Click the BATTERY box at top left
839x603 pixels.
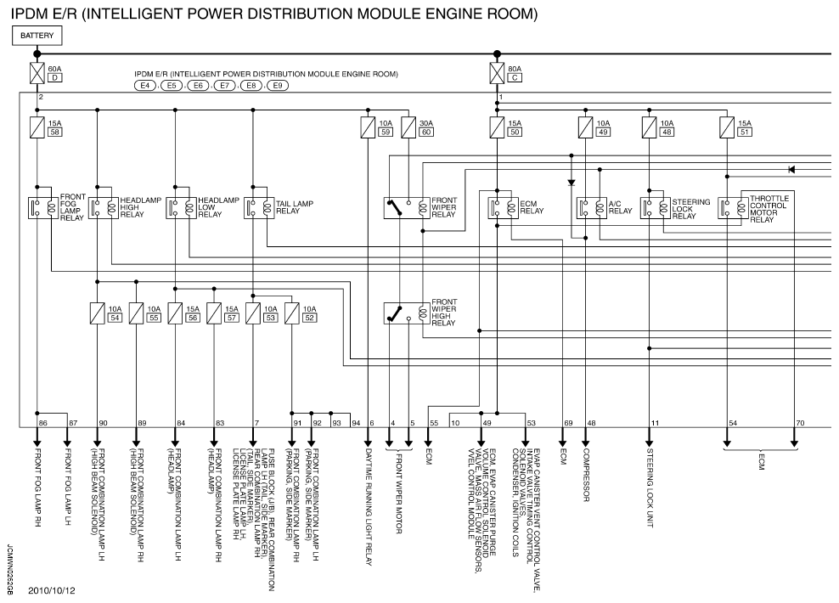pos(37,36)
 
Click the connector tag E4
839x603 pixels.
pos(145,86)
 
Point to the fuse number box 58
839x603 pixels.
pos(56,133)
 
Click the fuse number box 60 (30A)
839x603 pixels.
pos(427,133)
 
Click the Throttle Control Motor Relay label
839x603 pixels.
pos(769,209)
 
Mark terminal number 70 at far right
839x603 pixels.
pos(800,422)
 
